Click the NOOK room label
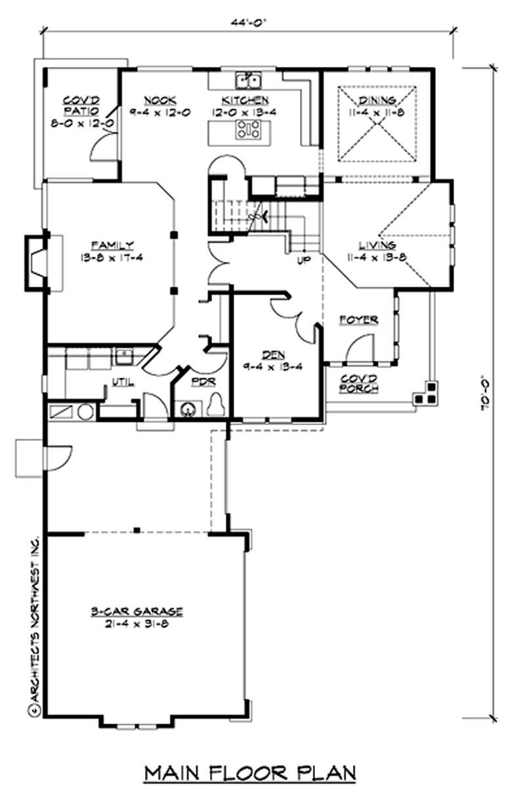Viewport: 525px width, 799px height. pos(160,100)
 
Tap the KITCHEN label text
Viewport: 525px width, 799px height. pos(245,100)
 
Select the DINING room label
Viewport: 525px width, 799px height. pos(377,100)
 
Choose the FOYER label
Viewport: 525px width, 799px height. pos(358,319)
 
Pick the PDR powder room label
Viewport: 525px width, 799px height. pos(199,381)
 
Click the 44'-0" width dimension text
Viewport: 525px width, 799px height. pos(249,20)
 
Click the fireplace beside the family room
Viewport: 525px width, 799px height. pos(39,262)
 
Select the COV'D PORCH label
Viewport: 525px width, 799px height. pos(358,384)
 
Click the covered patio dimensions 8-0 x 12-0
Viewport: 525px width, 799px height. pos(81,123)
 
